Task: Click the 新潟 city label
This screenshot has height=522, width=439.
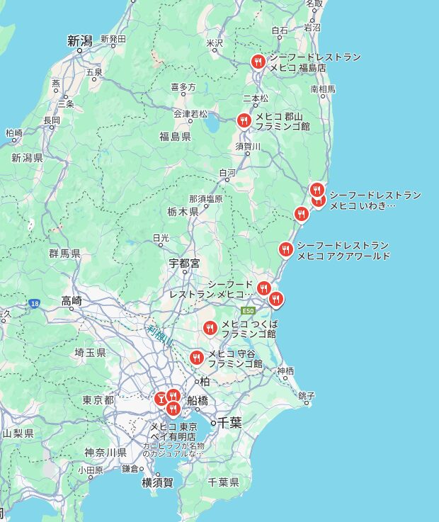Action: coord(81,41)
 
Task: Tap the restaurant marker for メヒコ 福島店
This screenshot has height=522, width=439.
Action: coord(258,62)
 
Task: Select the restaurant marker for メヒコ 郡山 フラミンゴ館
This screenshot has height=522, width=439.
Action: coord(244,120)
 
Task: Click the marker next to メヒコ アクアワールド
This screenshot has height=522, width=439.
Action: coord(285,249)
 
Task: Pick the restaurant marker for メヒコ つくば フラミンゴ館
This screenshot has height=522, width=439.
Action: coord(210,328)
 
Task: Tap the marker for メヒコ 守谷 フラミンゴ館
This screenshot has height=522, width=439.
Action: coord(197,358)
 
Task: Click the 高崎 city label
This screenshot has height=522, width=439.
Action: coord(72,300)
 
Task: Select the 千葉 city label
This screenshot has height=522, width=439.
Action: coord(229,423)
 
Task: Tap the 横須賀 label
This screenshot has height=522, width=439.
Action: coord(156,482)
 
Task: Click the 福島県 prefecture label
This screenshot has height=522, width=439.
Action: coord(174,137)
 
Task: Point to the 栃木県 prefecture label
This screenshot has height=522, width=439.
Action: coord(183,212)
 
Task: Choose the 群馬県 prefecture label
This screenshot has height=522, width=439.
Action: coord(64,253)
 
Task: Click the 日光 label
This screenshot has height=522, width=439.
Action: coord(161,238)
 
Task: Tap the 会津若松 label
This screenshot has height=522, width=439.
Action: coord(190,113)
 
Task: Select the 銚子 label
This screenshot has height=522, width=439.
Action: coord(306,395)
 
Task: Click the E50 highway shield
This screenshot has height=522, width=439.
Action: coord(248,311)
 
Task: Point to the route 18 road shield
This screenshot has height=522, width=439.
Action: coord(34,303)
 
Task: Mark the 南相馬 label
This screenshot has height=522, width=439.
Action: coord(323,89)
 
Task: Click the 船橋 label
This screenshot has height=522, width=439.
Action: coord(197,401)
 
